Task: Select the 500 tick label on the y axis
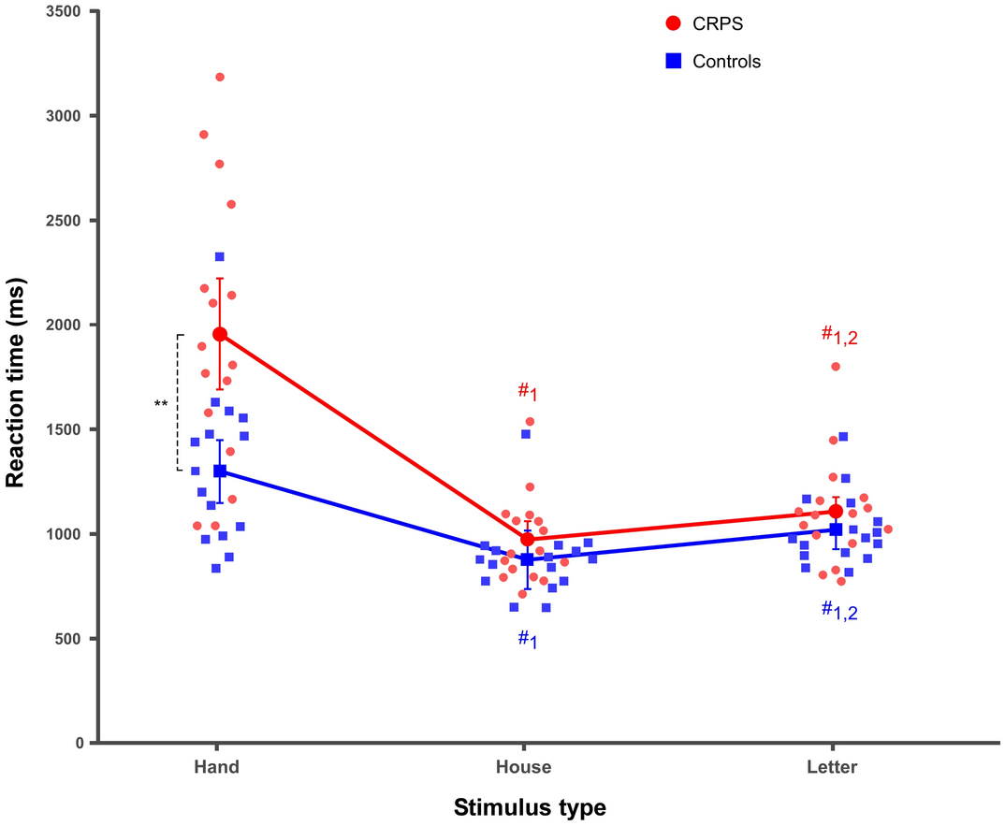click(x=73, y=639)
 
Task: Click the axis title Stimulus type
click(x=530, y=806)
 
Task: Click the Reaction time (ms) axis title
click(x=15, y=378)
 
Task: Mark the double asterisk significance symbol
click(x=161, y=404)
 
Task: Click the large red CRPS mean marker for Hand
click(x=220, y=334)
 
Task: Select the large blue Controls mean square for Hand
click(x=220, y=471)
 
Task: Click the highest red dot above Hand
click(x=220, y=77)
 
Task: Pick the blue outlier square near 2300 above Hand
click(x=220, y=256)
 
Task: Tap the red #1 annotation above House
click(x=528, y=393)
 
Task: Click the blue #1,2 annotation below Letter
click(x=839, y=611)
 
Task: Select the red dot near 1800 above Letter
click(x=836, y=367)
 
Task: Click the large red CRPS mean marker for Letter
click(x=836, y=512)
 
